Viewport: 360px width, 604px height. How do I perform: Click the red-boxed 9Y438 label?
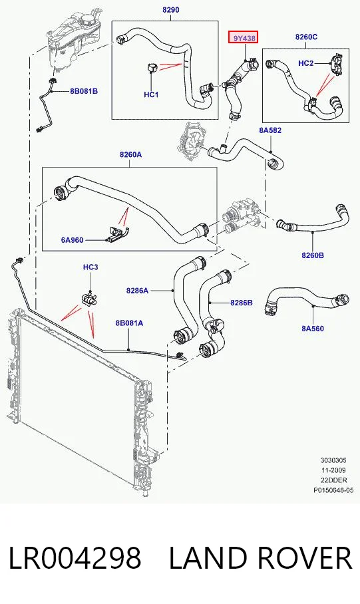point(243,38)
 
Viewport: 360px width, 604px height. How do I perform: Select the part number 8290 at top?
point(170,9)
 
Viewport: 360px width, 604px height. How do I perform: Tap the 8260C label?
point(306,37)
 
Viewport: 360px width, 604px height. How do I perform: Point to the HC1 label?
point(151,94)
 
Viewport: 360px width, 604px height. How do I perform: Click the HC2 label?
point(306,63)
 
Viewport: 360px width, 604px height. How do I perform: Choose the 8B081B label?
point(84,91)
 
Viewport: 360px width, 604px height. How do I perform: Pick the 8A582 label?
point(270,130)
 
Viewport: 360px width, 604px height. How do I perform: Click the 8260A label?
point(130,154)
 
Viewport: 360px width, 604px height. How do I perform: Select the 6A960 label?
point(72,240)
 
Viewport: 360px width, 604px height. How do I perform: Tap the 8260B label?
point(313,255)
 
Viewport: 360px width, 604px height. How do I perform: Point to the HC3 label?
point(90,267)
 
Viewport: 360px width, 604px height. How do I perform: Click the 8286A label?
point(137,291)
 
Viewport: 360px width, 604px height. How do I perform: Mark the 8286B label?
point(242,303)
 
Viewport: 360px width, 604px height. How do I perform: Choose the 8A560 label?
point(313,329)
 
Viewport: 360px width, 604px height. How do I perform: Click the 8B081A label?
point(129,323)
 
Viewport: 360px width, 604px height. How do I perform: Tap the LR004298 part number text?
point(75,558)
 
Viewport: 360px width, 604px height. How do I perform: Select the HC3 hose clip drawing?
point(89,299)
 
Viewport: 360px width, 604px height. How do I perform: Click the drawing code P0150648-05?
point(333,490)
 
